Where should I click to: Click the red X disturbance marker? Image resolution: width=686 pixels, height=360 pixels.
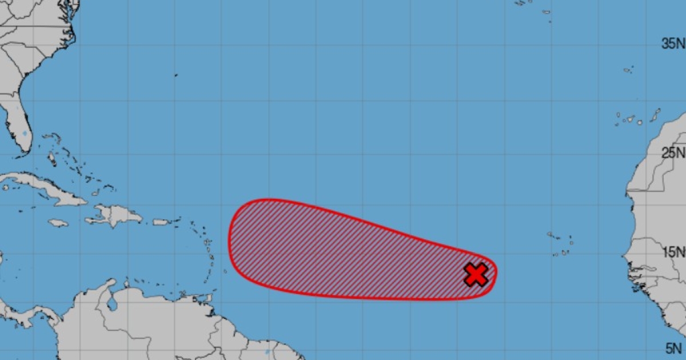click(476, 275)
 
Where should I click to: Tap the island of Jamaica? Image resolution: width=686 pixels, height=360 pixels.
click(58, 223)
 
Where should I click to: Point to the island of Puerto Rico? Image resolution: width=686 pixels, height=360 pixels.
click(162, 222)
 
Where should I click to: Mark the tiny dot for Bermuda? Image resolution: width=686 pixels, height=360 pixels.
click(176, 75)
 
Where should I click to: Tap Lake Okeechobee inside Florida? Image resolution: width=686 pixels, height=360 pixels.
click(24, 134)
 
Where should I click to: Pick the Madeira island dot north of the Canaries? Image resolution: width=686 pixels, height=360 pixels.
click(628, 70)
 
